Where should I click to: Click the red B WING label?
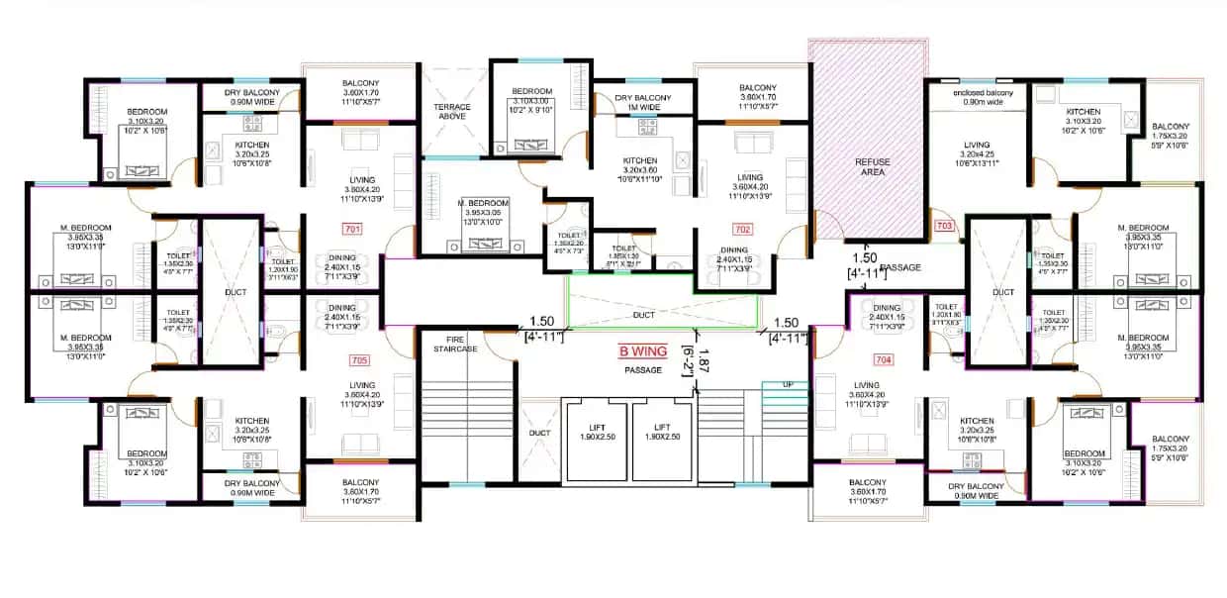(x=643, y=351)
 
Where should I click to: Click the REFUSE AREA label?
(x=873, y=166)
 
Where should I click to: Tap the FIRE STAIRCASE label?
(x=455, y=344)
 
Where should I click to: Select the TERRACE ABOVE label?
(x=451, y=113)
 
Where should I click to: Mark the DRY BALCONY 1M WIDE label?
(x=643, y=103)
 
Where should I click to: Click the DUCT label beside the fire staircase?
(x=538, y=433)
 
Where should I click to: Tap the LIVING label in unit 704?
(x=867, y=386)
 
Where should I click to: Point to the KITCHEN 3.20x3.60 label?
(x=640, y=165)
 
